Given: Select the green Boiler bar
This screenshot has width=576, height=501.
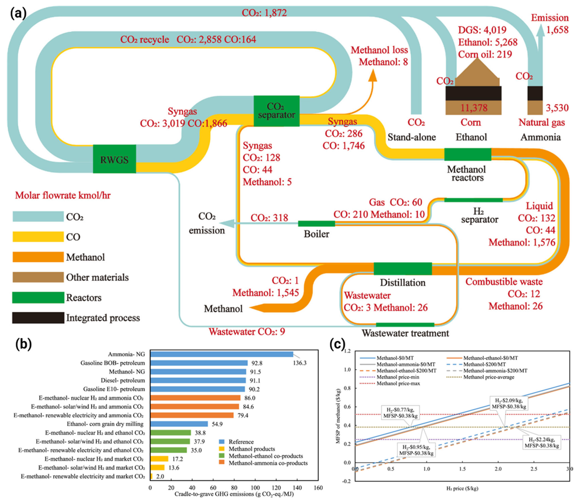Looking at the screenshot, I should tap(316, 223).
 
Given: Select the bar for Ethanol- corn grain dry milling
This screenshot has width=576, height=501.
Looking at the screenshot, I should tap(179, 424).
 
